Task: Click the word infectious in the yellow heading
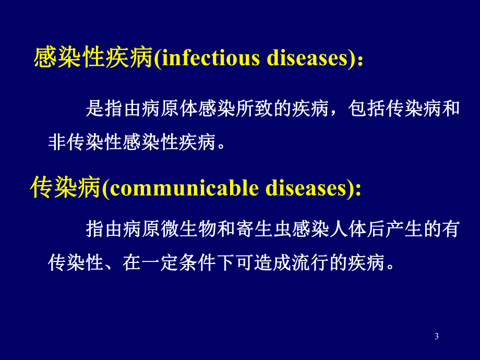click(211, 58)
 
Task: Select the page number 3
click(436, 337)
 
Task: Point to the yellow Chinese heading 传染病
click(65, 188)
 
